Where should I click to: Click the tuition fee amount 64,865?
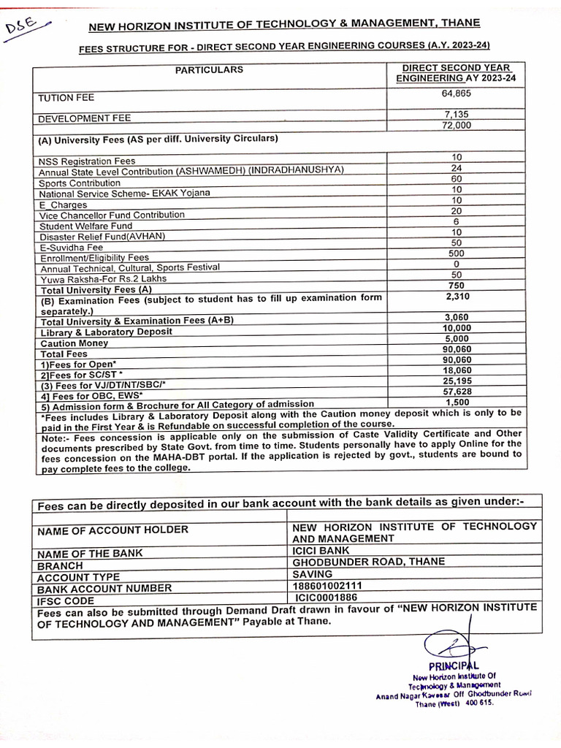point(456,94)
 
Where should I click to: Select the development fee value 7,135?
point(456,114)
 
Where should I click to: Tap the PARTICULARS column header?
point(208,70)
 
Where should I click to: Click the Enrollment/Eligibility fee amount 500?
point(456,253)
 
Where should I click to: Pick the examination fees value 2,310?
point(456,297)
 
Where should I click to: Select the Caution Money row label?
point(75,343)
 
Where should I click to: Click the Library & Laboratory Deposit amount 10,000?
point(457,328)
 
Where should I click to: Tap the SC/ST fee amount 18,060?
point(457,371)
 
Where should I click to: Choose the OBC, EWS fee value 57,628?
point(457,392)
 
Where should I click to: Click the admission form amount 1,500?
point(457,402)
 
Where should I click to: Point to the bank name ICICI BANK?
point(321,550)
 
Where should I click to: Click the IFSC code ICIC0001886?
point(326,598)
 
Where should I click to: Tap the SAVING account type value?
point(312,574)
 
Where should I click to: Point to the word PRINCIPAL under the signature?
point(453,665)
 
